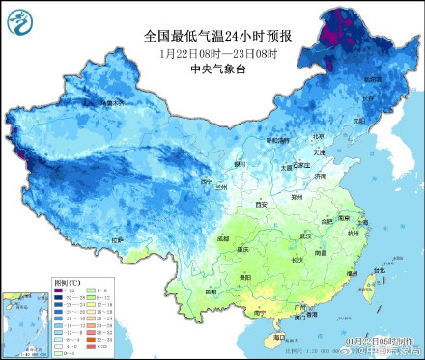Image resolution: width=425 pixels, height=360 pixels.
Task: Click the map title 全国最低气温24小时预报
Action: click(217, 35)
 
